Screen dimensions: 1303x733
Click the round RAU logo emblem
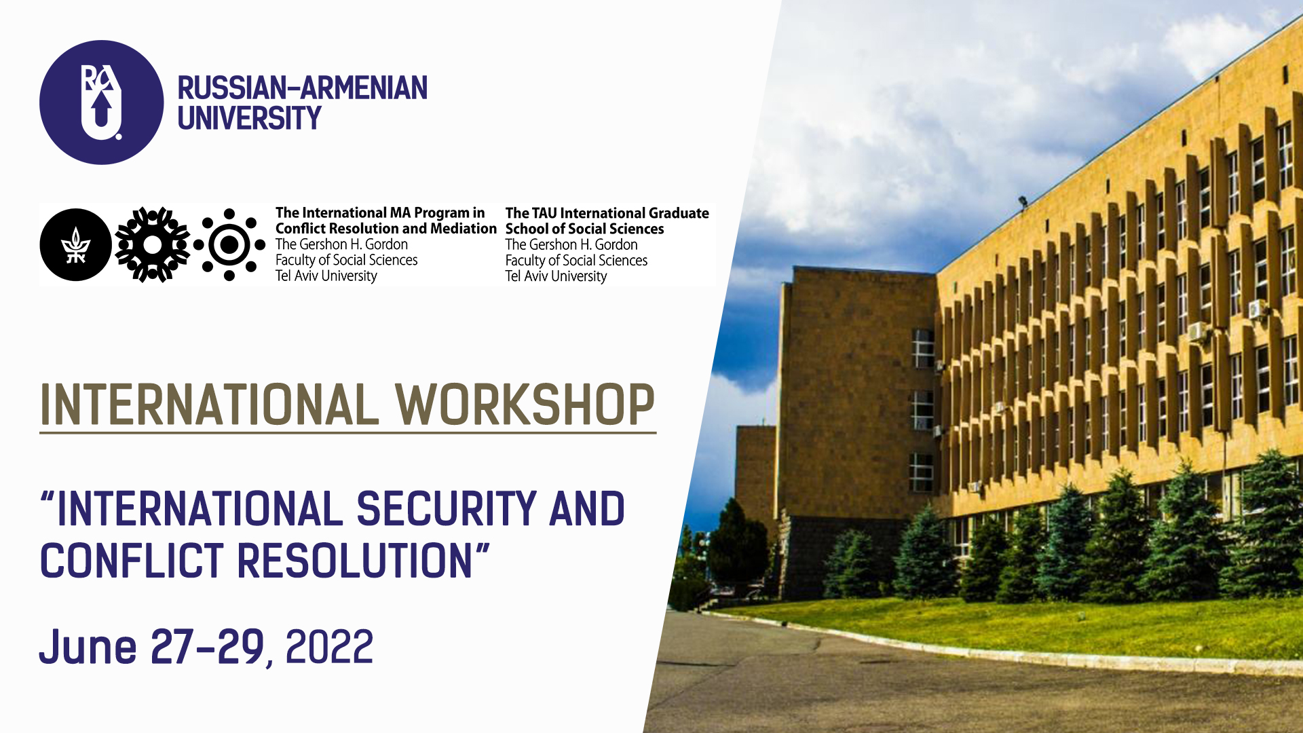102,102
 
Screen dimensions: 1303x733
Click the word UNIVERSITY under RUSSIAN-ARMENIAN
249,119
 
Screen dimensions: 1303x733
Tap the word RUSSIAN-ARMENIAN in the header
303,88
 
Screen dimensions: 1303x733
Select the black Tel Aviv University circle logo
75,244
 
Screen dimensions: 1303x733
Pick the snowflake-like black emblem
153,244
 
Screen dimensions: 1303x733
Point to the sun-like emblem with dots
229,244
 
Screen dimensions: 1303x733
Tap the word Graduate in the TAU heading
679,213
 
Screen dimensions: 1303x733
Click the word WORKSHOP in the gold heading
525,405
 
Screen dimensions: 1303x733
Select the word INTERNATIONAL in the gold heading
210,405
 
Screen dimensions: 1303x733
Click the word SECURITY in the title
447,509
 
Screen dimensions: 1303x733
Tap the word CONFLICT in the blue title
132,561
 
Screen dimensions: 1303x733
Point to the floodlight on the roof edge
1023,202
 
